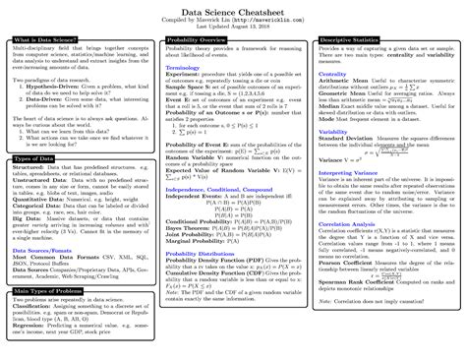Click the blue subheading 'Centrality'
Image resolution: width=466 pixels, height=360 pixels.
tap(331, 72)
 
